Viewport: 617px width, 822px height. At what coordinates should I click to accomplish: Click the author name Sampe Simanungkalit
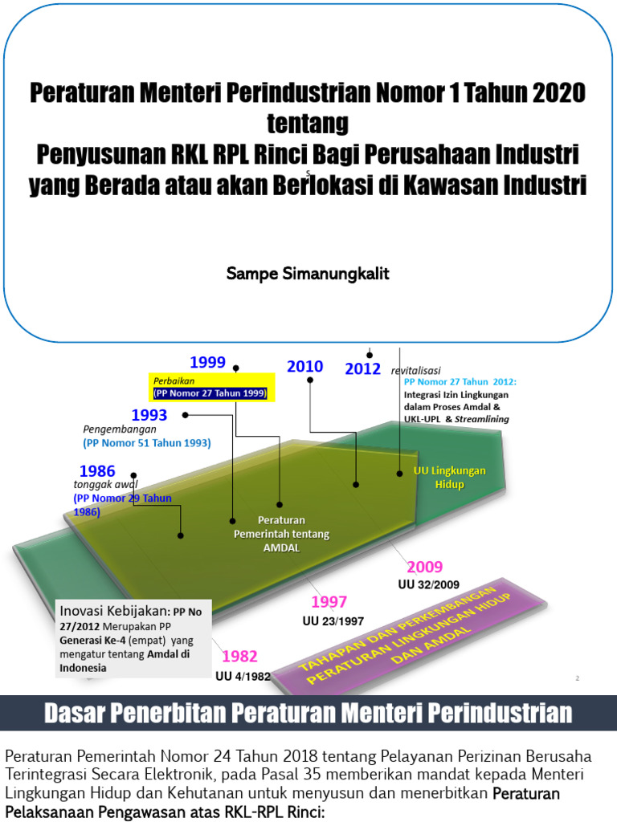click(x=308, y=274)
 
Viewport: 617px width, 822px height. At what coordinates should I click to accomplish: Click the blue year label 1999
click(x=207, y=362)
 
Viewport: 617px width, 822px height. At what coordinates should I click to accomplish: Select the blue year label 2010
click(x=305, y=367)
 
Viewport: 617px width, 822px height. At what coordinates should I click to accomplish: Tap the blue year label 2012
click(x=362, y=369)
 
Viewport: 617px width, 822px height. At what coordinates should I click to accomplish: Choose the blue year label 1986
click(x=96, y=471)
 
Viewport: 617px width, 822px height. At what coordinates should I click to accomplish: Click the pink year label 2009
click(x=424, y=567)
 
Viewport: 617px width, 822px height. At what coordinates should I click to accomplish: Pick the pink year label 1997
click(x=329, y=603)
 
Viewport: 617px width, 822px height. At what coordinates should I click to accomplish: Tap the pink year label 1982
click(x=239, y=657)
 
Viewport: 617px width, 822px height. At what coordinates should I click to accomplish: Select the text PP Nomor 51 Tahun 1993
click(x=146, y=442)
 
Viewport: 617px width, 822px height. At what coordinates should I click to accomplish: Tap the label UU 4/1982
click(x=243, y=676)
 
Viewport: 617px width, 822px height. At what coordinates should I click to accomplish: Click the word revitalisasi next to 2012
click(x=416, y=370)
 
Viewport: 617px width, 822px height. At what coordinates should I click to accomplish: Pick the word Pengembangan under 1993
click(x=120, y=429)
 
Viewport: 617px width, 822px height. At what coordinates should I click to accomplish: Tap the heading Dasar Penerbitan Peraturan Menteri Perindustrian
click(x=308, y=713)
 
